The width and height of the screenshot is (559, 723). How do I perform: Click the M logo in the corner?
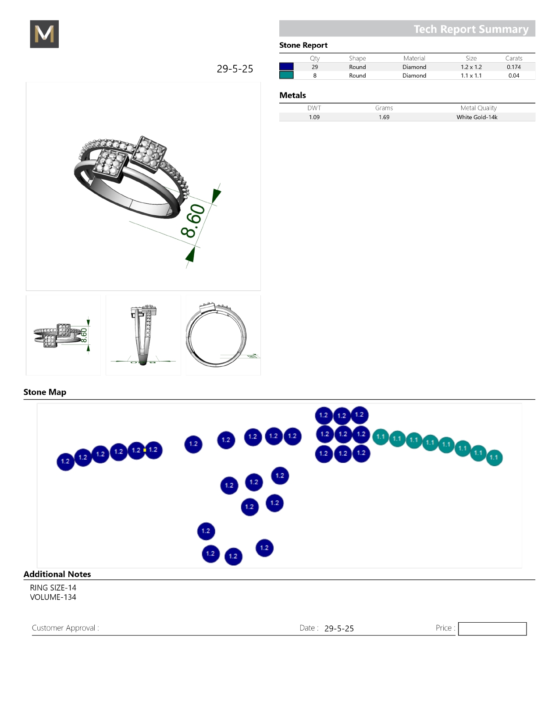click(x=44, y=34)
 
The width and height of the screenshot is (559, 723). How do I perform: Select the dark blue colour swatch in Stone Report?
click(x=286, y=67)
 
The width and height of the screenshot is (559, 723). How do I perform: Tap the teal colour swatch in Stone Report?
click(x=286, y=75)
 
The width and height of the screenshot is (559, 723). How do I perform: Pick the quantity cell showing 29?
click(x=315, y=67)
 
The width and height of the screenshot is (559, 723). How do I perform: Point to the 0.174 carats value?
click(x=513, y=67)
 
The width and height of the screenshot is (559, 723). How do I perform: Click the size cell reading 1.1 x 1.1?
click(x=471, y=75)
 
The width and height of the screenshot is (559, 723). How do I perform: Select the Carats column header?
click(x=513, y=58)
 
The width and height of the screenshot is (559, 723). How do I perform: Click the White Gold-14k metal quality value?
click(x=477, y=117)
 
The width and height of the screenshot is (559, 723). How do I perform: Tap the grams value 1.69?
click(x=384, y=117)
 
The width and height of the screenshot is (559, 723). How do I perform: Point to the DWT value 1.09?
click(x=314, y=117)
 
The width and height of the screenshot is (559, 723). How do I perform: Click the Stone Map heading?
click(x=45, y=392)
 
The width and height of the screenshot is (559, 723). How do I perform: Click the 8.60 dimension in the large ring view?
click(x=193, y=220)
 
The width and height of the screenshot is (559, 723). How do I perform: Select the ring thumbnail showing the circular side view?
click(x=223, y=335)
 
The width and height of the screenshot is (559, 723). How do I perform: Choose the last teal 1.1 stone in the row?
click(x=494, y=457)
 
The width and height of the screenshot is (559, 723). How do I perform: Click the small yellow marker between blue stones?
click(x=145, y=450)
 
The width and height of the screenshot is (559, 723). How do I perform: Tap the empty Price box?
click(x=492, y=628)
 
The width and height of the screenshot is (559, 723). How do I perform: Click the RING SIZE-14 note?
click(x=53, y=588)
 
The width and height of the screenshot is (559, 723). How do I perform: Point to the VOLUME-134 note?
click(x=53, y=597)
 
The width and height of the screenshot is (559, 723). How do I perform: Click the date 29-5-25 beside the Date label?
click(x=339, y=628)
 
